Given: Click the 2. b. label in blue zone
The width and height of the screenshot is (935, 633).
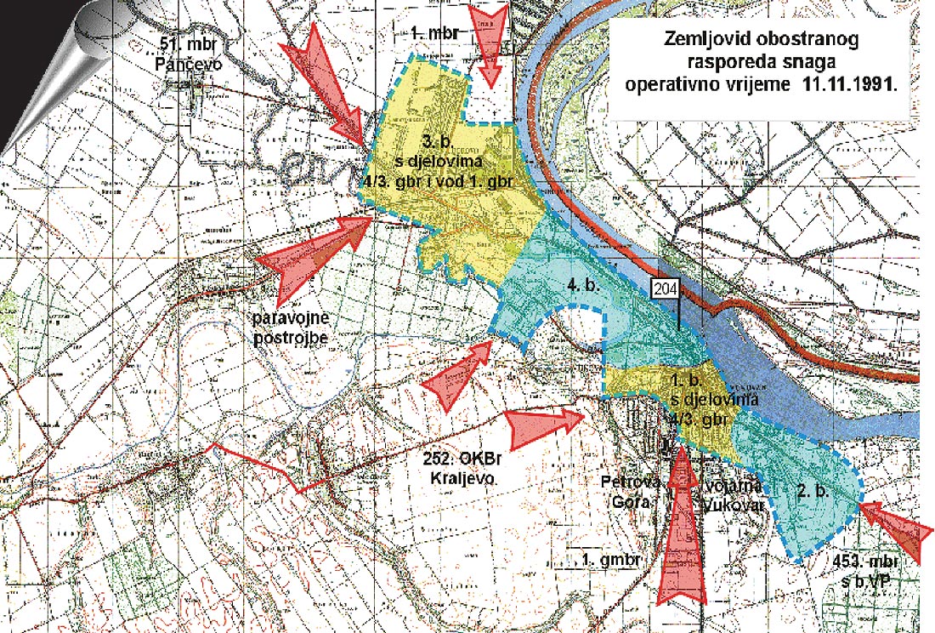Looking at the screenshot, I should coord(813,493).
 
